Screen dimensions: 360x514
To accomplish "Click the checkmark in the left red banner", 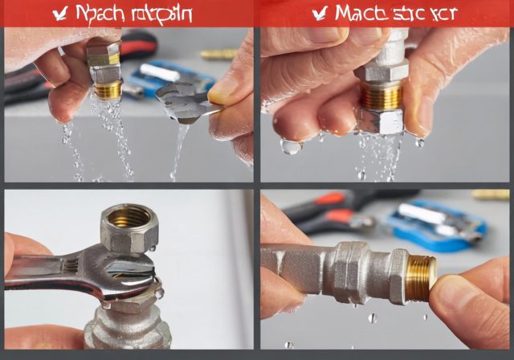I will click(59, 12).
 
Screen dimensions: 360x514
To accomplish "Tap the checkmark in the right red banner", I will click(319, 12).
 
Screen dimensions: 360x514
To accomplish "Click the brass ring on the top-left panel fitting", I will click(107, 88).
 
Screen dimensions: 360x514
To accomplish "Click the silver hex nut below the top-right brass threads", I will click(380, 120).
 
